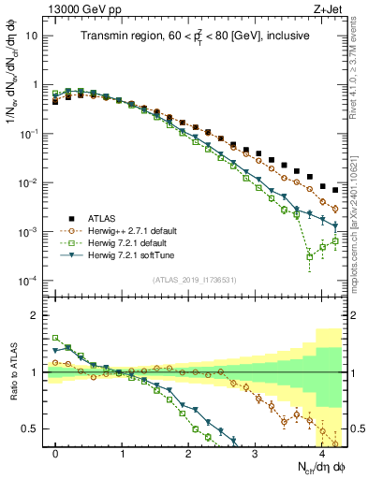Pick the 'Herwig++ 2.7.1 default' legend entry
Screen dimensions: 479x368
click(x=135, y=229)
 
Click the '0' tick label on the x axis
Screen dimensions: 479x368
click(x=56, y=454)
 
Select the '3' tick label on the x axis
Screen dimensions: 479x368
click(x=256, y=454)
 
